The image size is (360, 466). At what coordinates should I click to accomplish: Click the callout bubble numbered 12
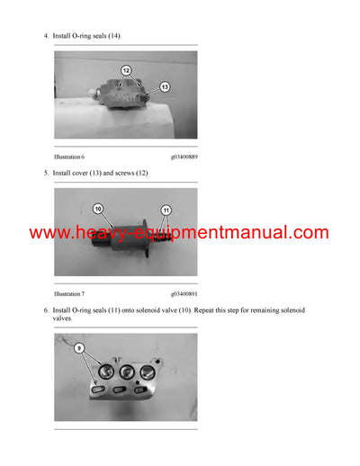[x=125, y=70]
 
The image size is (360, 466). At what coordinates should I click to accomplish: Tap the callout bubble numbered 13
[x=165, y=87]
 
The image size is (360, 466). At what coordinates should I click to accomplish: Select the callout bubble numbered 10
[x=98, y=209]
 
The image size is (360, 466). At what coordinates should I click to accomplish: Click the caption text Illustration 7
[x=69, y=294]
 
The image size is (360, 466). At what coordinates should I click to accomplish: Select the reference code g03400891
[x=184, y=294]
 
